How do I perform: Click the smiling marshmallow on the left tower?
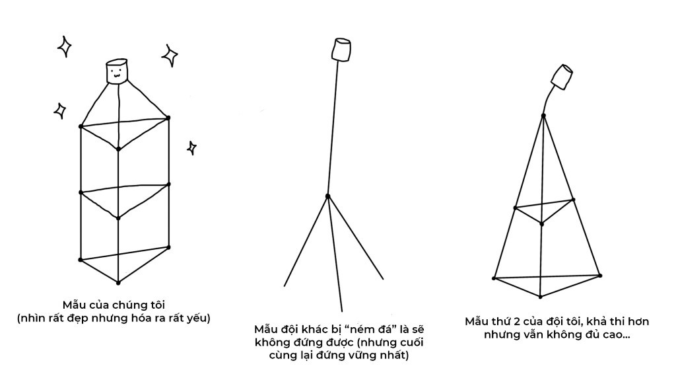click(x=117, y=70)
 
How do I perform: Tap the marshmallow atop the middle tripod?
click(x=341, y=50)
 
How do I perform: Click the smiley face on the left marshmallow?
click(x=116, y=74)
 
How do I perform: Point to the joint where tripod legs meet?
click(x=327, y=196)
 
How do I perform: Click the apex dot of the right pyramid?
click(x=544, y=116)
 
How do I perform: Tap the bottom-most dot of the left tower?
click(x=118, y=283)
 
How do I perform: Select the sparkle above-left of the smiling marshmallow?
click(x=65, y=47)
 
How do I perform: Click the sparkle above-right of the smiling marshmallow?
click(x=170, y=56)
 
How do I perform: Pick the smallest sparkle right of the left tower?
click(x=192, y=147)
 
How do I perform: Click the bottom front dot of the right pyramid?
click(x=540, y=297)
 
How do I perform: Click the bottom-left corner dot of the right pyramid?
click(x=494, y=278)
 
